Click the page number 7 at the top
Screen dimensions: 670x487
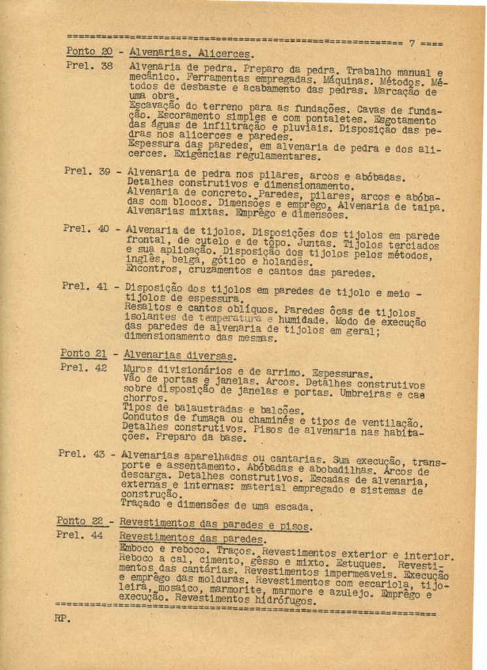(x=412, y=43)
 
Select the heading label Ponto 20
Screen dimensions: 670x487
(x=89, y=51)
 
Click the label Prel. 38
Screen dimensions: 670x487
(x=89, y=65)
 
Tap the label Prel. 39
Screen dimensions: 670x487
(x=87, y=171)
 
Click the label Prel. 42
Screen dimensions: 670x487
(x=83, y=367)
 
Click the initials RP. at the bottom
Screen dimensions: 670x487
(x=63, y=618)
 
